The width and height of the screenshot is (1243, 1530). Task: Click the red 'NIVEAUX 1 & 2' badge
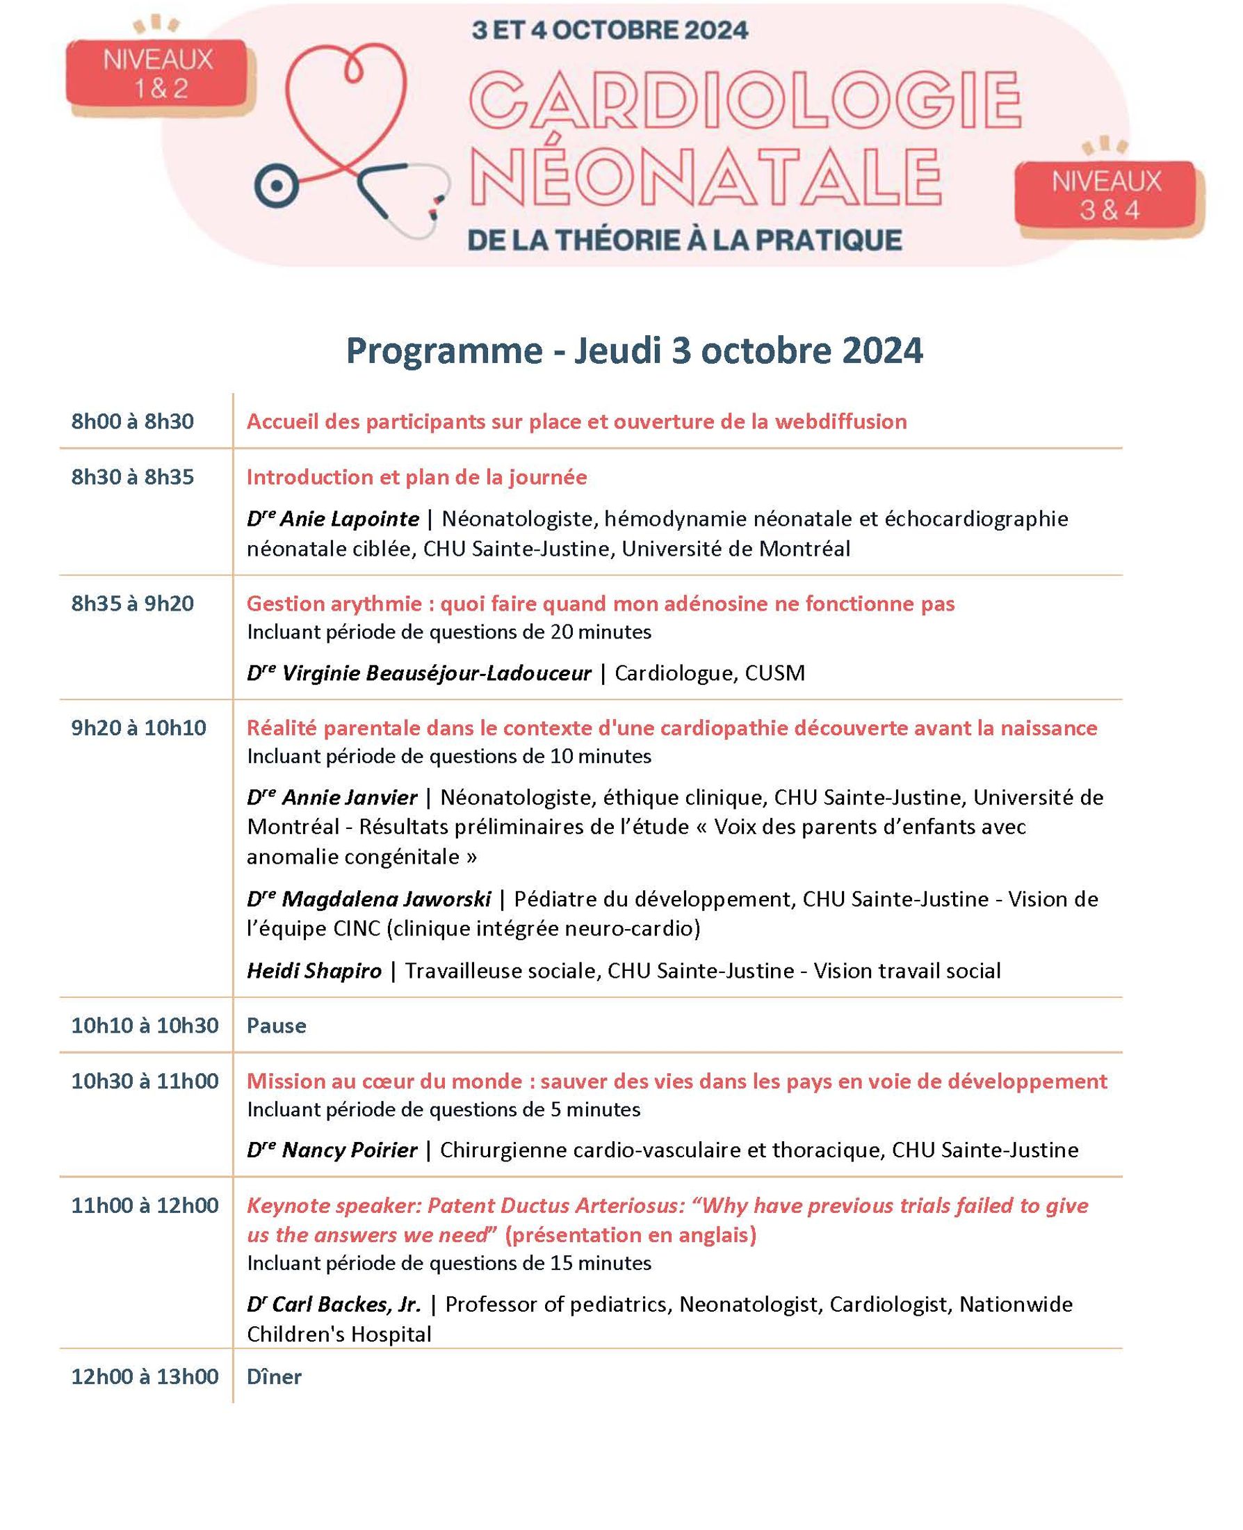tap(159, 74)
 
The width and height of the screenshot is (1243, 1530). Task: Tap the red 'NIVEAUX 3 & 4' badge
tap(1105, 195)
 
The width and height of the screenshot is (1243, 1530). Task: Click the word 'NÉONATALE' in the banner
tap(706, 176)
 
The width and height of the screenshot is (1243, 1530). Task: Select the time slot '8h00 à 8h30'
tap(133, 421)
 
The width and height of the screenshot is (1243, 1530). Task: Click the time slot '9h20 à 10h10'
tap(138, 727)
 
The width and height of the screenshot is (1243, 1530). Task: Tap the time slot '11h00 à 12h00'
tap(145, 1205)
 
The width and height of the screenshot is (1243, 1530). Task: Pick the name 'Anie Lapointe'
tap(349, 519)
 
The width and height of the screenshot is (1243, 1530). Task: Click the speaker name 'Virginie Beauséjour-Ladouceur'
tap(436, 673)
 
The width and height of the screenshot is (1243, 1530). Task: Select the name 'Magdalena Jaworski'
tap(386, 899)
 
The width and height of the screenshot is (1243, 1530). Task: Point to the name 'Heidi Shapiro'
tap(314, 972)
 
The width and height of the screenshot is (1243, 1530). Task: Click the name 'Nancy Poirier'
tap(349, 1150)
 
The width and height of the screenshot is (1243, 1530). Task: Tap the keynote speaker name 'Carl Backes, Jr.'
tap(346, 1305)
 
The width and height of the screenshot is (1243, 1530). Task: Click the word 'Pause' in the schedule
tap(277, 1026)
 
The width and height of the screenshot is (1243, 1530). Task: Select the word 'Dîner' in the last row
tap(274, 1377)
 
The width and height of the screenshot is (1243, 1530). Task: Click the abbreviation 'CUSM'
tap(774, 673)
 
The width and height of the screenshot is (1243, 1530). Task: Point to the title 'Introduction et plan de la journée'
tap(416, 477)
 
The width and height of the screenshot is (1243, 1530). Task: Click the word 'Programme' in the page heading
tap(444, 351)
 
